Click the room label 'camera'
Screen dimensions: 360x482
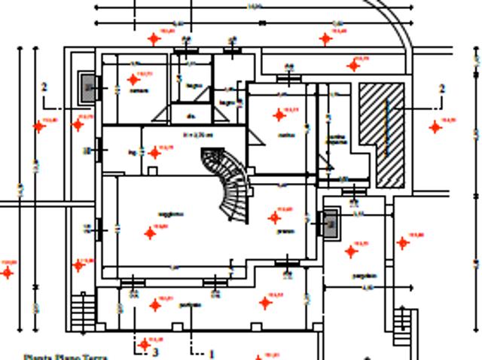(138, 91)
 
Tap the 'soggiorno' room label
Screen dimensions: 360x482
(171, 215)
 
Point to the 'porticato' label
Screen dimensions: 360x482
(189, 305)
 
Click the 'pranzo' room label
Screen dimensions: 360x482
(285, 232)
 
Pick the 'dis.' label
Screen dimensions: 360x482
(191, 116)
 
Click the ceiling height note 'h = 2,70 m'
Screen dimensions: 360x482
(198, 136)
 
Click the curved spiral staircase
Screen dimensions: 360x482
(229, 184)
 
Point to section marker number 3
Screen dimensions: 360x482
(156, 350)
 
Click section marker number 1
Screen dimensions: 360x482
(212, 353)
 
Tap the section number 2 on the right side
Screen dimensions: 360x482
(442, 89)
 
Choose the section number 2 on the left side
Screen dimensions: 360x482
(45, 87)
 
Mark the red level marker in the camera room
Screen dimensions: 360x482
(133, 79)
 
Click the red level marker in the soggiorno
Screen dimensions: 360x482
(150, 233)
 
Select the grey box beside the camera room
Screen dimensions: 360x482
(88, 88)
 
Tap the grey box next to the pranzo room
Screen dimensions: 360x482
(328, 223)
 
